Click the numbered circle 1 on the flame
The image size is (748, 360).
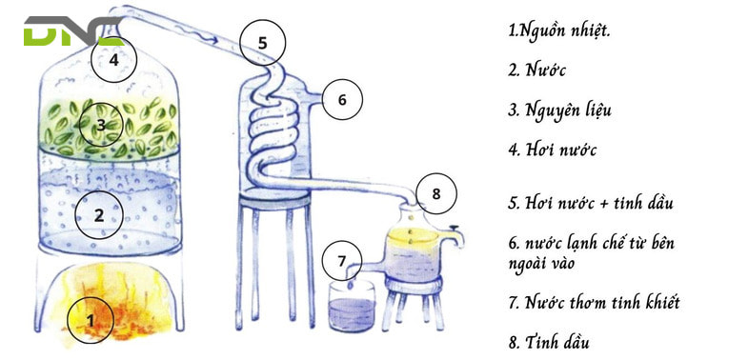(x=91, y=320)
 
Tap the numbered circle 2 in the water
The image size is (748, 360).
(x=99, y=213)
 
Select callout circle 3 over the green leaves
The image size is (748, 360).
(x=99, y=124)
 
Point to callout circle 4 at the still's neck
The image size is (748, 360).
(x=113, y=59)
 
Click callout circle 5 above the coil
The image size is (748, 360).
(x=262, y=42)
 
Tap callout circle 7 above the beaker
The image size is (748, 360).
(x=342, y=260)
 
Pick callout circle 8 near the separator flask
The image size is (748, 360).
(x=435, y=193)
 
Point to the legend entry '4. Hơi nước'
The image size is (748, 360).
(x=553, y=150)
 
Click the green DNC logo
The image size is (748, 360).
(x=71, y=31)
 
